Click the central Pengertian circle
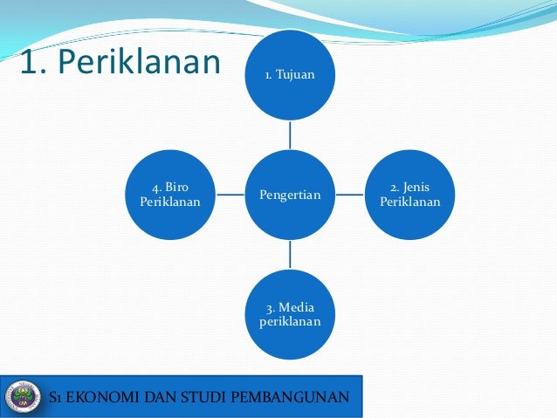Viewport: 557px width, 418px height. coord(290,194)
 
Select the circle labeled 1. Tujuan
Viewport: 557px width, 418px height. coord(290,75)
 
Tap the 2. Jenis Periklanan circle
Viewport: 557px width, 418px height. coord(410,194)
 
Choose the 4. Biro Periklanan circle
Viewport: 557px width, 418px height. coord(170,194)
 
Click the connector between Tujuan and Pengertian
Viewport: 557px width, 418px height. coord(290,134)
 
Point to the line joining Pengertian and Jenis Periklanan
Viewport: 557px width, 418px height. coord(350,194)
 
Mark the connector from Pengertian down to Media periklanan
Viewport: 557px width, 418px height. coord(290,253)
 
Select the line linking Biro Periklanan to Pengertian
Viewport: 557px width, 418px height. coord(230,194)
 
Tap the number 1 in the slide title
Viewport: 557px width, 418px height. coord(28,63)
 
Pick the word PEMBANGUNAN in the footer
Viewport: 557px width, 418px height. coord(302,399)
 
